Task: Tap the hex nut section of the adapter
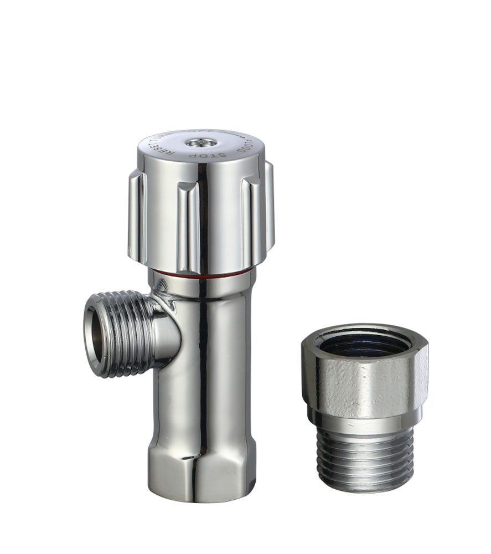point(365,382)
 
